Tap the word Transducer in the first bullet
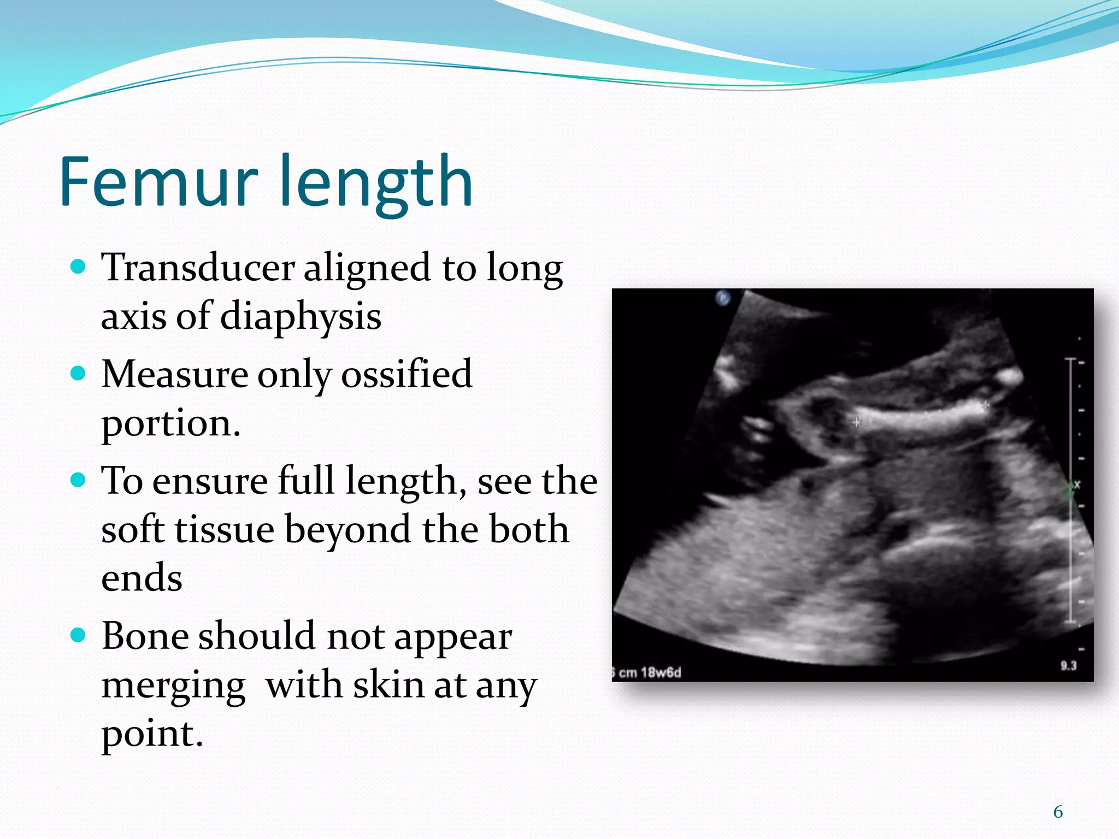[x=198, y=268]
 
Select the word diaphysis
[x=301, y=317]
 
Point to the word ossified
[x=407, y=374]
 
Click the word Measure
[x=175, y=374]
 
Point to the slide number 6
[x=1058, y=812]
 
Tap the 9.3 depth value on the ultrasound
[x=1068, y=666]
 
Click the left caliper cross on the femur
[x=856, y=422]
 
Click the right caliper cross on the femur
[x=985, y=405]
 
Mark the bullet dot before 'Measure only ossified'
[x=79, y=374]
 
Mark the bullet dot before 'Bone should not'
[x=79, y=635]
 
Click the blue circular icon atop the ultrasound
[x=723, y=298]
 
